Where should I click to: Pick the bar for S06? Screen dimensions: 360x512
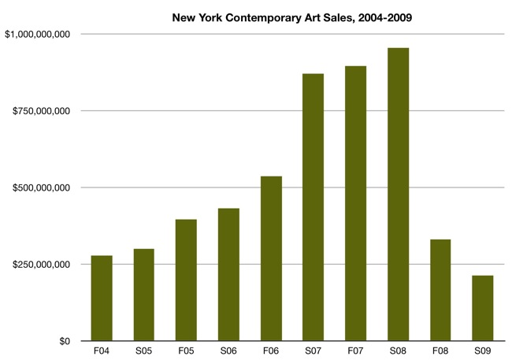pos(228,274)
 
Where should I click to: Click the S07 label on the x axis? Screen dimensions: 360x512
pos(314,351)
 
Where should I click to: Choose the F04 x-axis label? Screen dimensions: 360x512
pos(102,351)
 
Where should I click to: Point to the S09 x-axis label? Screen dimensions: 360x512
pos(483,351)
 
